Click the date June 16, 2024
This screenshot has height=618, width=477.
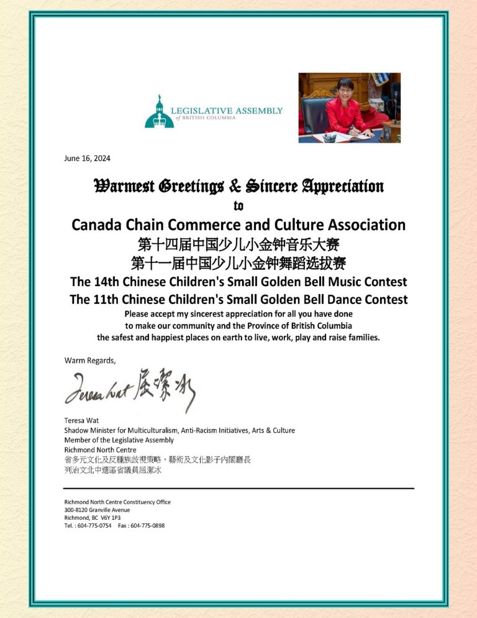87,158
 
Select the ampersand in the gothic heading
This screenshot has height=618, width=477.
234,186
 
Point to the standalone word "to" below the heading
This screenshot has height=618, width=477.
238,205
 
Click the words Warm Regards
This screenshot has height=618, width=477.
90,360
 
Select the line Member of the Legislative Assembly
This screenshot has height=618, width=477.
119,440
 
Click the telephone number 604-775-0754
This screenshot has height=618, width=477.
94,525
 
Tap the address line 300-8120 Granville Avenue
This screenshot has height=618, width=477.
97,510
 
